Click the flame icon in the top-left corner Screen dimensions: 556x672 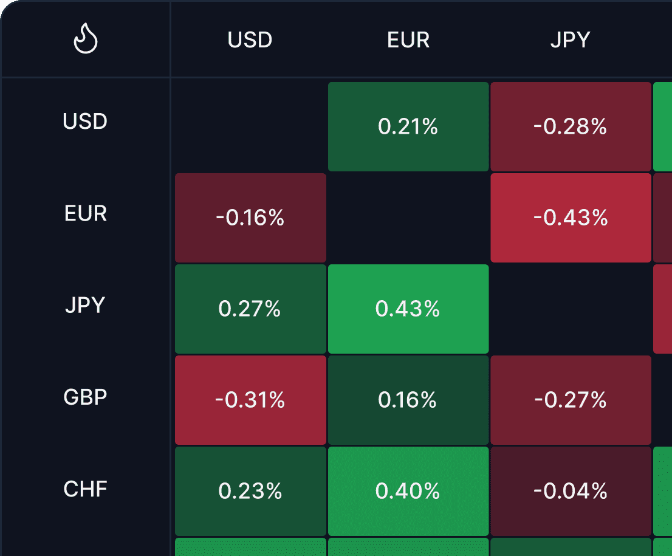[x=86, y=40]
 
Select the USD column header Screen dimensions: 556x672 [x=250, y=40]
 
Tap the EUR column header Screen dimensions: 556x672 [x=408, y=40]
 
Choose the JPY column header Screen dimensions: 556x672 [x=570, y=40]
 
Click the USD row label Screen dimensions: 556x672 [x=85, y=122]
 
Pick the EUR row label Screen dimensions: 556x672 [x=85, y=213]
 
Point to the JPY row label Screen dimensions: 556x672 [x=85, y=305]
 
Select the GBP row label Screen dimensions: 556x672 [x=85, y=397]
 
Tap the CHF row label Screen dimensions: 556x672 [x=85, y=489]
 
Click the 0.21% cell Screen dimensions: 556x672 [x=408, y=126]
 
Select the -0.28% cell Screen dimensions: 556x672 [x=571, y=126]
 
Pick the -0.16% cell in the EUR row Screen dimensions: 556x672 [x=250, y=218]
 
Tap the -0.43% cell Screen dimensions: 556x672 [x=571, y=218]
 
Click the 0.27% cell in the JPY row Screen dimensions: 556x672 [x=250, y=309]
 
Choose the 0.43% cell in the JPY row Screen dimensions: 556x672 [x=408, y=309]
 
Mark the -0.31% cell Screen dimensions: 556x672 [x=250, y=400]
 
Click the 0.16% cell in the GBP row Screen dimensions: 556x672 [x=408, y=400]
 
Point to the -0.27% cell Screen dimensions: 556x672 [x=571, y=400]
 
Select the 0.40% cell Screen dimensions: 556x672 [x=408, y=491]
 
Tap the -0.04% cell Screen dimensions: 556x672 [x=571, y=491]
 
